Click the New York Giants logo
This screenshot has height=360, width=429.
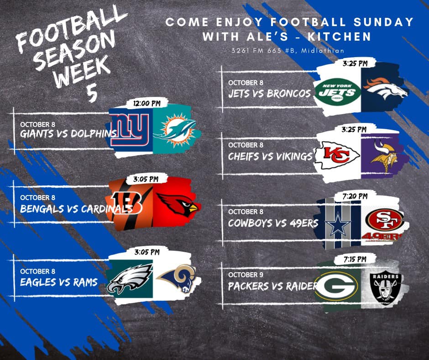point(130,130)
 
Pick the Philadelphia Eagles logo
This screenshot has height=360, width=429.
point(129,279)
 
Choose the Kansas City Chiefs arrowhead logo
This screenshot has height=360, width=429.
point(337,155)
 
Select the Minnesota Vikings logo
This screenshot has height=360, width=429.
point(384,156)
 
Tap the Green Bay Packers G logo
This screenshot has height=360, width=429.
point(337,286)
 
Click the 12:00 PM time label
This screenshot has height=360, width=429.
point(146,103)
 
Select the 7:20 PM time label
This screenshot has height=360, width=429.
point(355,196)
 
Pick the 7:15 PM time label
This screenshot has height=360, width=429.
point(355,259)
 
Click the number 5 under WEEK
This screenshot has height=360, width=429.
point(92,93)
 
